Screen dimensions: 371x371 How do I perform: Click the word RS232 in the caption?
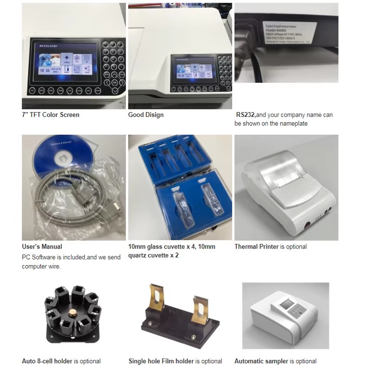coord(245,115)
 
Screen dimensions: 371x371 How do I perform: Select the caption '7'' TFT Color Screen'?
coord(51,115)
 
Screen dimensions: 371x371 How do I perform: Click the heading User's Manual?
coord(42,247)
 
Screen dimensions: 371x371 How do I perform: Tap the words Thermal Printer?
coord(256,247)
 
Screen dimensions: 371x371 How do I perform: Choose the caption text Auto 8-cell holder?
coord(47,361)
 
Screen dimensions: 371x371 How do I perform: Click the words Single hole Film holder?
coord(161,361)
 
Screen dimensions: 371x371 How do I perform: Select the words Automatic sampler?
coord(261,361)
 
